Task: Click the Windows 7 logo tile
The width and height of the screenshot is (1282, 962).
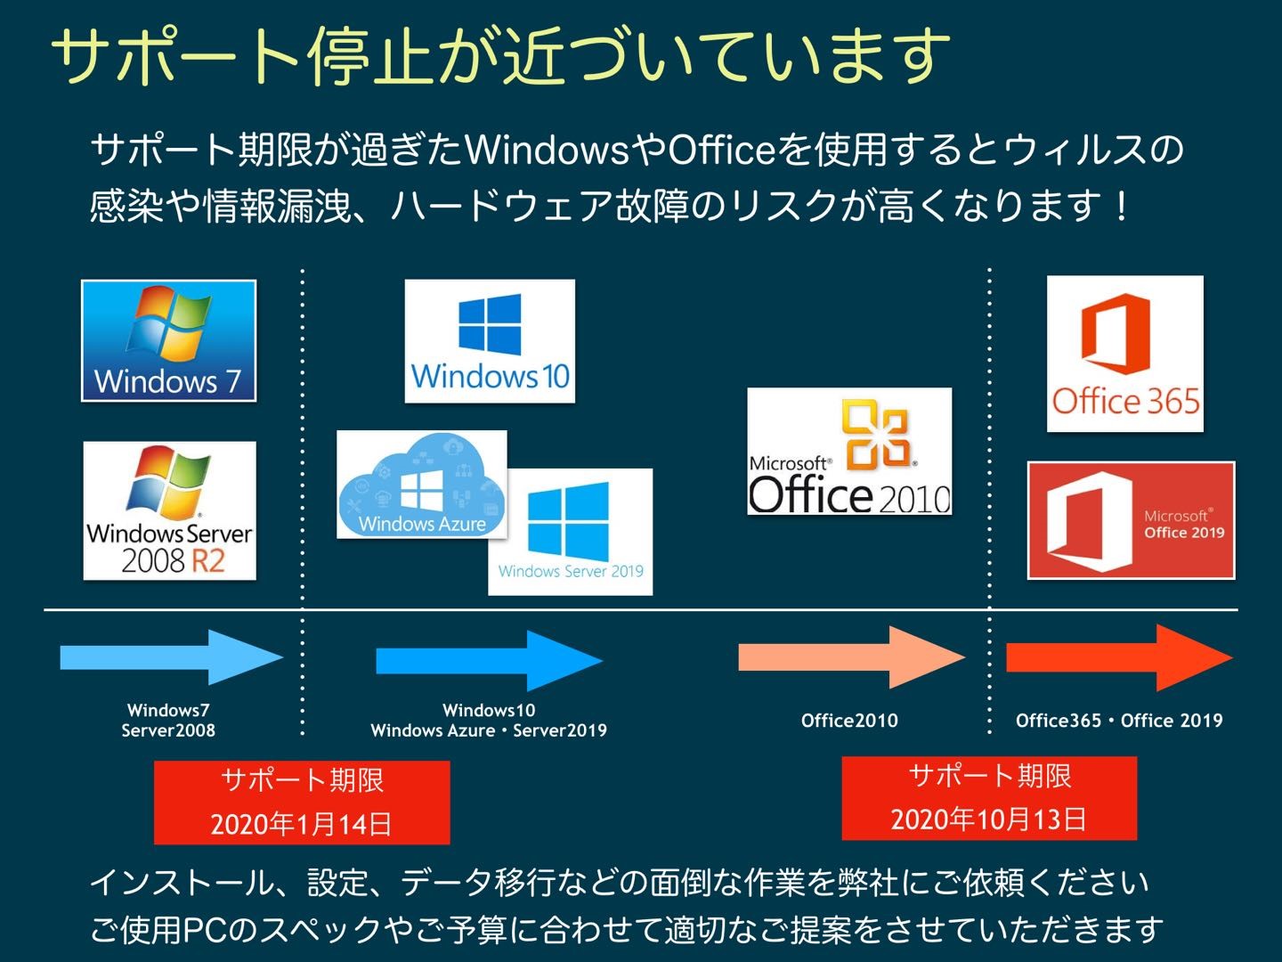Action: [x=169, y=340]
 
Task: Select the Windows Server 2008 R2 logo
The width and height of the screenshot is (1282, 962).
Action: [x=169, y=510]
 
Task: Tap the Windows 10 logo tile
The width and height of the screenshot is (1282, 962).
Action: [x=490, y=341]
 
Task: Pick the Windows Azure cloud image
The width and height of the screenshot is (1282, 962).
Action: [x=422, y=485]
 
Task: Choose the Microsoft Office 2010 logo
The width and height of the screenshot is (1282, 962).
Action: [x=849, y=452]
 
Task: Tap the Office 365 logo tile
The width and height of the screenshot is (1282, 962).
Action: [x=1125, y=354]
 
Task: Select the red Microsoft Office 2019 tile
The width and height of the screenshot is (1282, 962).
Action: [x=1132, y=520]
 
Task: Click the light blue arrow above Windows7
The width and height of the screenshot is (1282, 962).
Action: [x=172, y=657]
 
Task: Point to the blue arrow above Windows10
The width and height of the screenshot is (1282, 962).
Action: [x=490, y=661]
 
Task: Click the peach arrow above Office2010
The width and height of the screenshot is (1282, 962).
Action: [x=852, y=657]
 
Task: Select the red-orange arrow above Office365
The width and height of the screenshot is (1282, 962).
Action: [x=1120, y=657]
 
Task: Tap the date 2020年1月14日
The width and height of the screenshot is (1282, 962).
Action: [x=301, y=824]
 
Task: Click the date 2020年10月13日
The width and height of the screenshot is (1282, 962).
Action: [x=988, y=819]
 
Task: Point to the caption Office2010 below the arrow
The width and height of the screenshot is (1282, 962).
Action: [x=850, y=721]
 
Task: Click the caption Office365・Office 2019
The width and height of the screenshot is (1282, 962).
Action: [x=1119, y=721]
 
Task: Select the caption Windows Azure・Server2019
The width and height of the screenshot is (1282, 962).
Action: [x=489, y=730]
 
